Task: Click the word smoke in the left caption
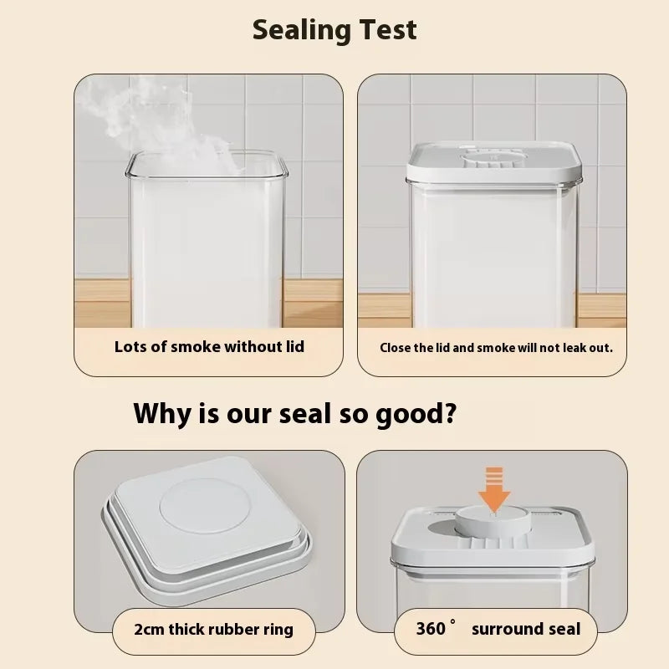(x=196, y=347)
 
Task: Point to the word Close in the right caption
(x=395, y=348)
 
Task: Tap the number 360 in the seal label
(x=431, y=629)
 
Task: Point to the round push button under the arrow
(x=493, y=519)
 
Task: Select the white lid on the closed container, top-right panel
(x=494, y=163)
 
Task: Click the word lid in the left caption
(x=295, y=346)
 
